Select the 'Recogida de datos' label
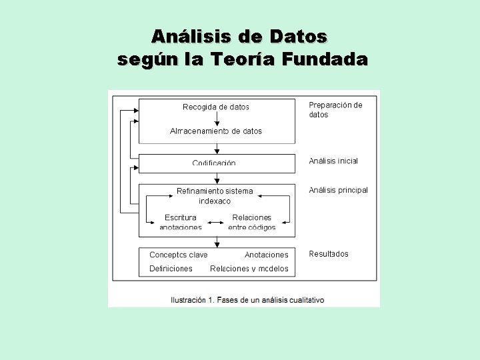point(216,107)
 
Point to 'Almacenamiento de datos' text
point(216,131)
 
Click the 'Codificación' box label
point(214,163)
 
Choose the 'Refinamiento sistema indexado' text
point(215,195)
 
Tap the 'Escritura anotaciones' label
point(181,222)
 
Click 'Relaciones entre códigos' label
point(252,222)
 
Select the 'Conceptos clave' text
point(179,255)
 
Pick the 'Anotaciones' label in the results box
point(267,255)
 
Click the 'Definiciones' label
point(171,269)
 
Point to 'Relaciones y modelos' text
point(249,269)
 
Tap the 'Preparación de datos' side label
point(335,109)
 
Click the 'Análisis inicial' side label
point(333,161)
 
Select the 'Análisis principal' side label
point(338,190)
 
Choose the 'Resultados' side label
point(329,254)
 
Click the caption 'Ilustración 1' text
point(192,300)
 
